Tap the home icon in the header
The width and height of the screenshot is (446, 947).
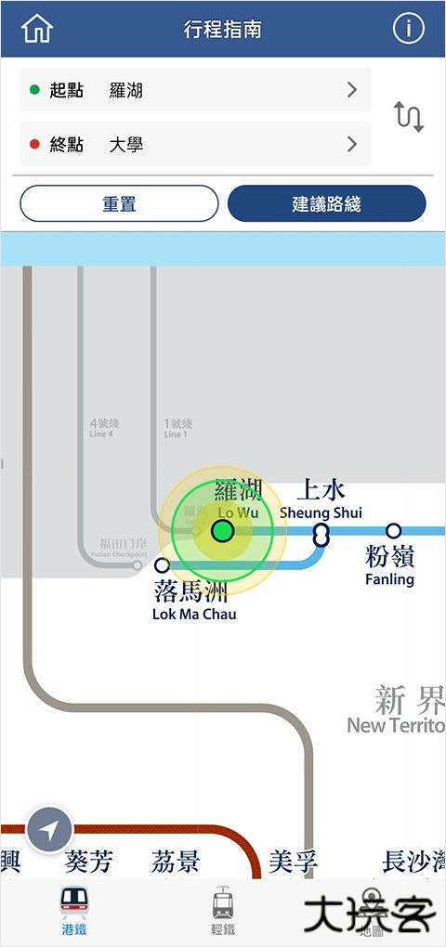37,29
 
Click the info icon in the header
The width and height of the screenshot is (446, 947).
408,29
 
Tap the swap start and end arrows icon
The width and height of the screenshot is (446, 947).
409,117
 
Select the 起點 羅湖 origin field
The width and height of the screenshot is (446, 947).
195,90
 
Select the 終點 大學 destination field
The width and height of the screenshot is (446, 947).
195,144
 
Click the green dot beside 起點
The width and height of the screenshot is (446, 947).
35,90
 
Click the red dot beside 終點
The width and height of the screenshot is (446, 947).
35,144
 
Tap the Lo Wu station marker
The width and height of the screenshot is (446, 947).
222,531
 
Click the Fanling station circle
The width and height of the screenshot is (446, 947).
394,531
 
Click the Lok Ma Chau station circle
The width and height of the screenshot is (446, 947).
163,564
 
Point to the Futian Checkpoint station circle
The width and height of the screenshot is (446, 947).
138,564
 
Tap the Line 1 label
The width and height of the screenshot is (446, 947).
177,428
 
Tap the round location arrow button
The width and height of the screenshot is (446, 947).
50,830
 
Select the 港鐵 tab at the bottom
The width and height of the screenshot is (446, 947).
74,911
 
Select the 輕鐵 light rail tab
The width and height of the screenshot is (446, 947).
223,911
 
